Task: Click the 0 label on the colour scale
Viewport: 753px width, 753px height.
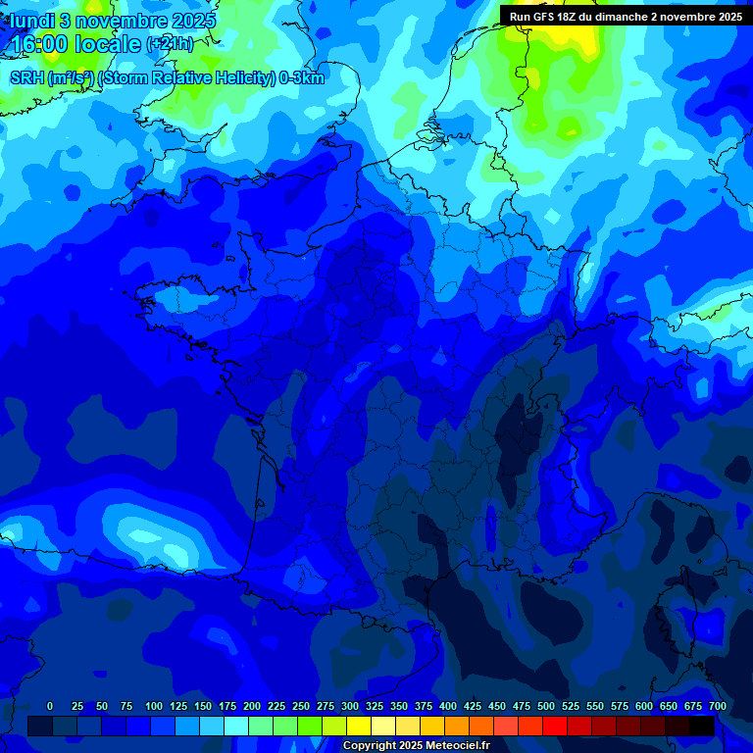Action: [50, 706]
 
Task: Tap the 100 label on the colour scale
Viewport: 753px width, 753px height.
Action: [154, 706]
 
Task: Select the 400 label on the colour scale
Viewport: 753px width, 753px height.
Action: [448, 706]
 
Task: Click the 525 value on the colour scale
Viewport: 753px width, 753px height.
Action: [571, 706]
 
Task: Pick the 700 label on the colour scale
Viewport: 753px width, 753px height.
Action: [717, 706]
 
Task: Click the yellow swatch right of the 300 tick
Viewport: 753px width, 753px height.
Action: [359, 727]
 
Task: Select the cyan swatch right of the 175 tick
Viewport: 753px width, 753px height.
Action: [236, 727]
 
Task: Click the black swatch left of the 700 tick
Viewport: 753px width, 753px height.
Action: [702, 727]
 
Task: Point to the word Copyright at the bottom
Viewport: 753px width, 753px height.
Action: [369, 746]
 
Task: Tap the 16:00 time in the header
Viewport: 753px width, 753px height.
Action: [38, 44]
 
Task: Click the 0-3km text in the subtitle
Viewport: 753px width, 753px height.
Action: [300, 78]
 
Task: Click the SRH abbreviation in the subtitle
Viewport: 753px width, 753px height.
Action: [26, 78]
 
